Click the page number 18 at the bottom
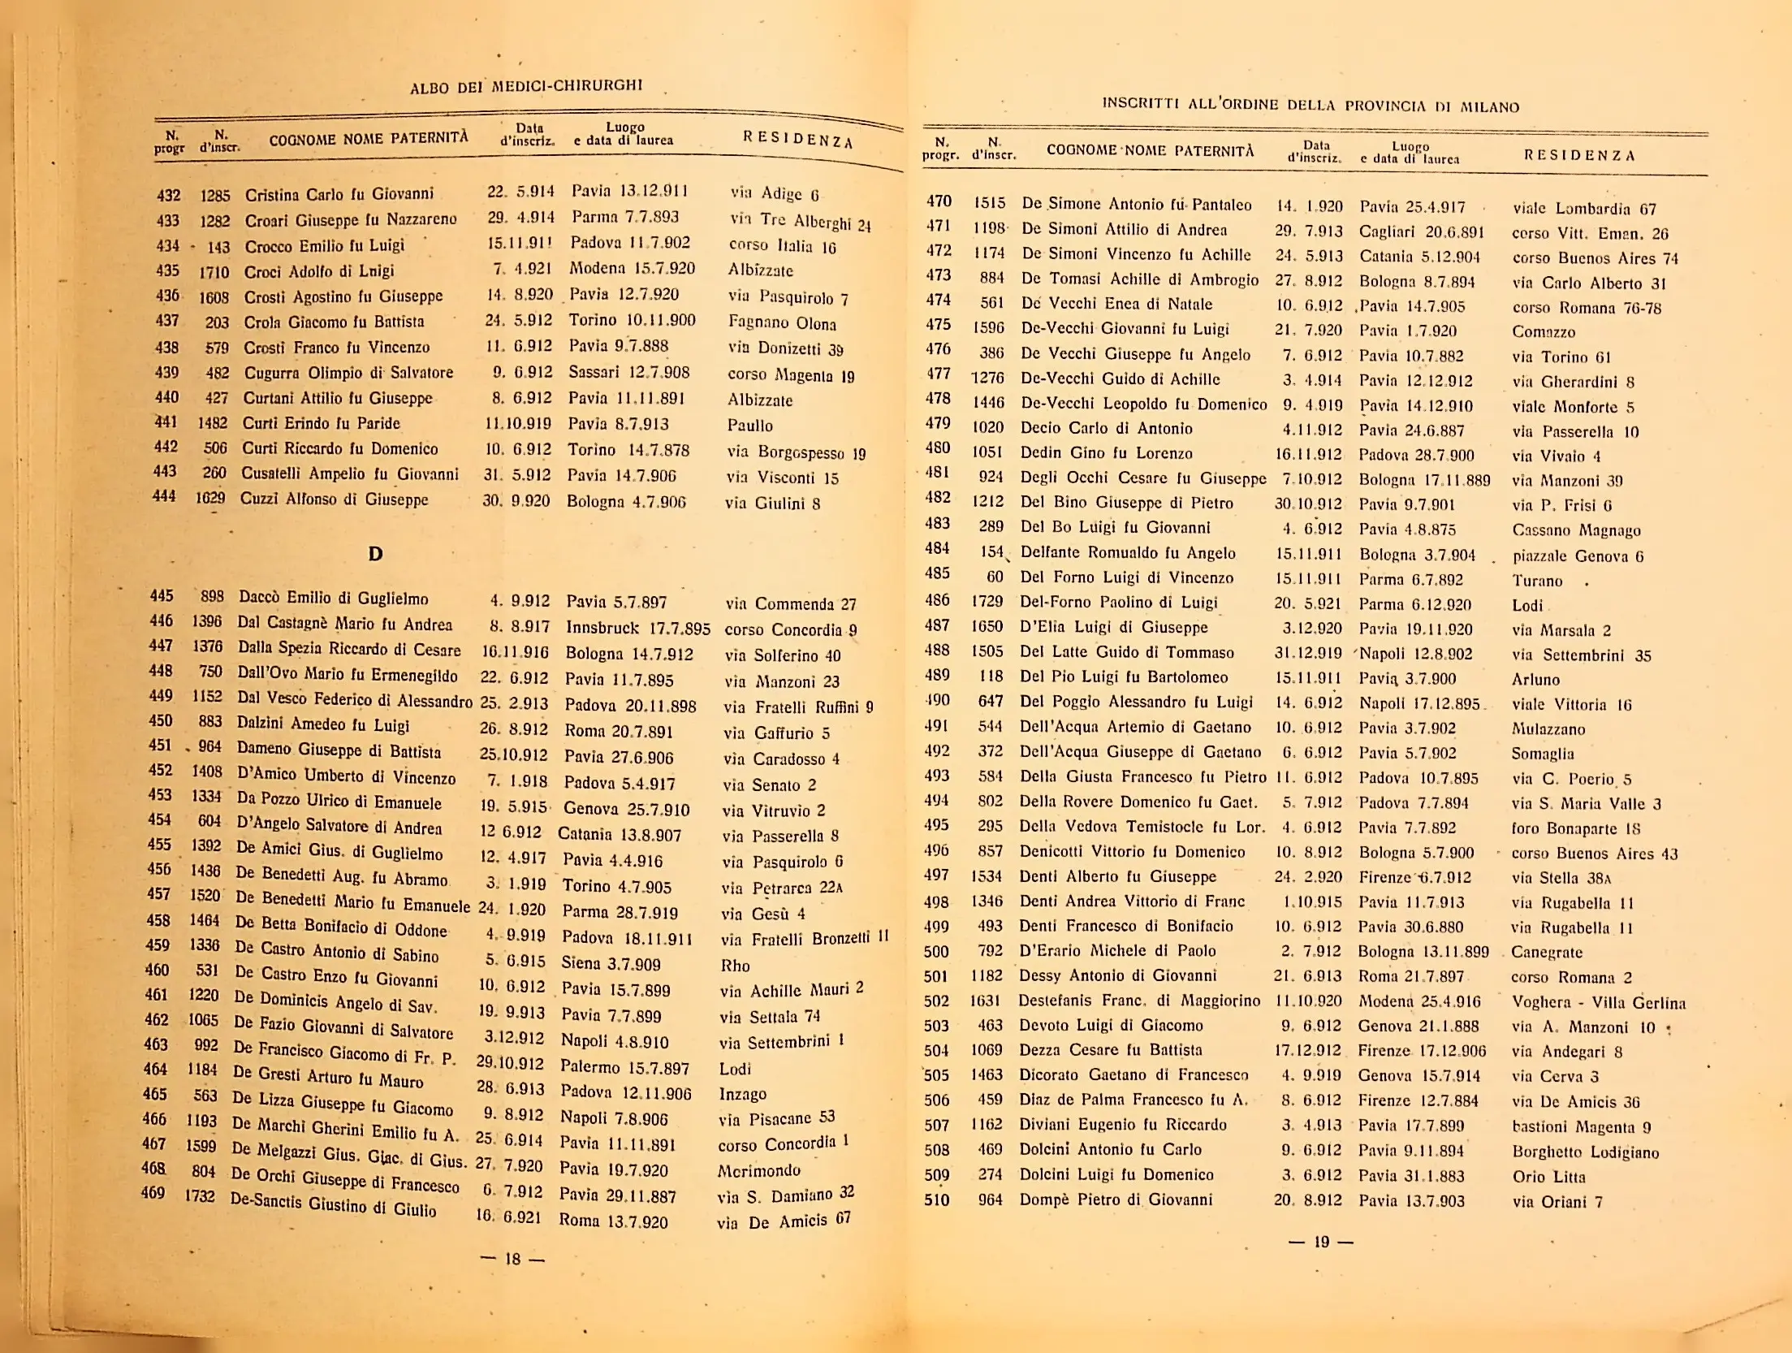[x=512, y=1259]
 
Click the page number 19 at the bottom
[x=1321, y=1241]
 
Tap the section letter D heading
[x=375, y=554]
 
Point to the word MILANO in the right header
[x=1490, y=106]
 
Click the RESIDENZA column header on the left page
[x=797, y=140]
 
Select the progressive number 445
[x=162, y=596]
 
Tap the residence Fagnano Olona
[x=782, y=322]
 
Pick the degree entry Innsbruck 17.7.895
[x=637, y=628]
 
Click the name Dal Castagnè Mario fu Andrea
[x=344, y=624]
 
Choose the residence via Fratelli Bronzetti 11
[x=805, y=938]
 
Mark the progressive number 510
[x=937, y=1200]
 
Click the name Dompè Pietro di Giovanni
[x=1116, y=1200]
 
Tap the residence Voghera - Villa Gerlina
[x=1598, y=1002]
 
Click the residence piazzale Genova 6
[x=1578, y=556]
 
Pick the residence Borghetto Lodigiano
[x=1585, y=1152]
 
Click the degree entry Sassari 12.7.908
[x=629, y=372]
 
